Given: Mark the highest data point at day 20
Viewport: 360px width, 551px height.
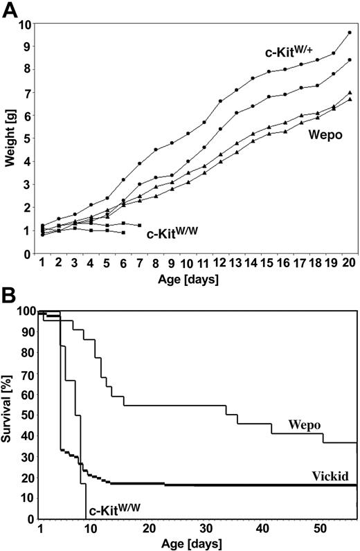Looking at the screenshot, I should pos(350,33).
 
